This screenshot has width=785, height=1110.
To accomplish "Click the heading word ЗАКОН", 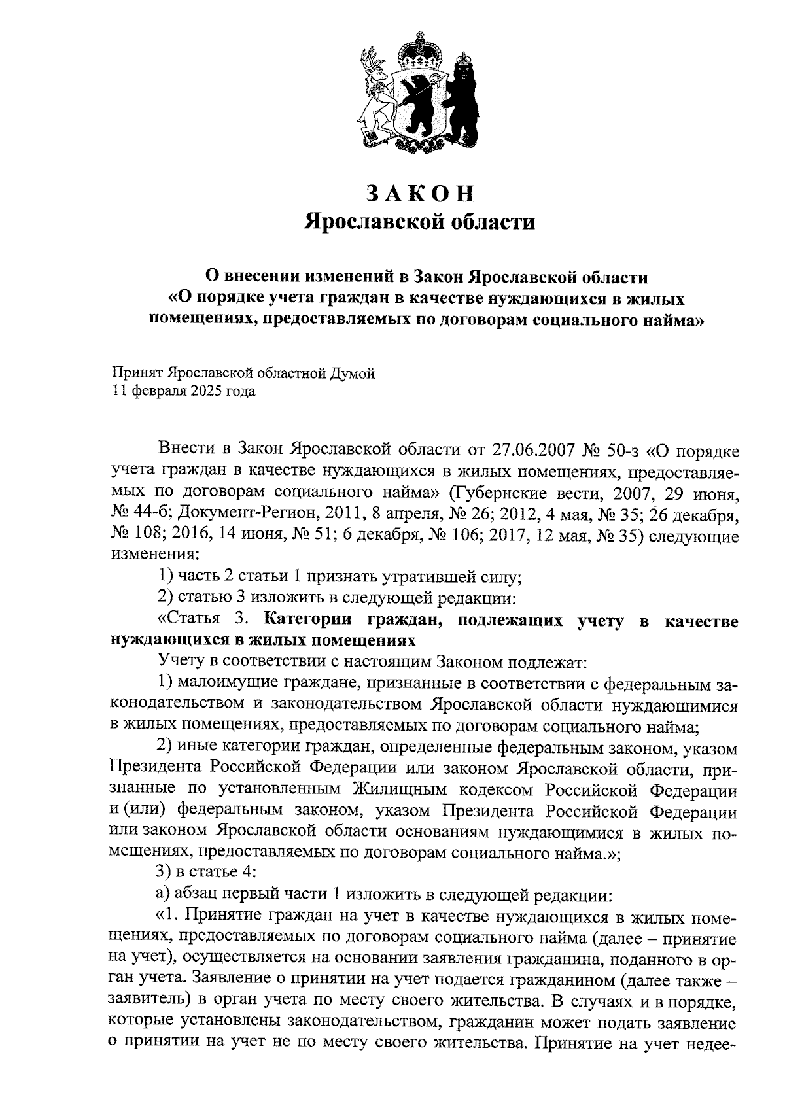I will pyautogui.click(x=419, y=192).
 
